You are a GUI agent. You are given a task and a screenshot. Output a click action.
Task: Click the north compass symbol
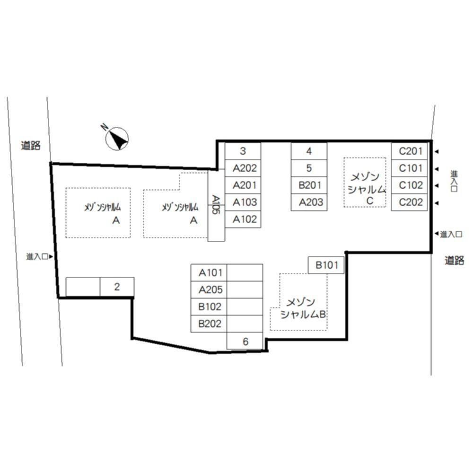tap(116, 138)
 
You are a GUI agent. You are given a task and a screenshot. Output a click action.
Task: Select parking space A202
tap(243, 168)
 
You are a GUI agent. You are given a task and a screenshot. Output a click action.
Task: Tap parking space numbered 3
tap(243, 151)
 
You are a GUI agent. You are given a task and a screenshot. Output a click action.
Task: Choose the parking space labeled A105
tap(216, 205)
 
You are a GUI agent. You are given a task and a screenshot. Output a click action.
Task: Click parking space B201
tap(309, 185)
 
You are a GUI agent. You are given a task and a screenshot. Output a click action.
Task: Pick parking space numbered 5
tap(309, 168)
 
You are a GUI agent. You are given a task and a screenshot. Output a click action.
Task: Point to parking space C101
tap(409, 168)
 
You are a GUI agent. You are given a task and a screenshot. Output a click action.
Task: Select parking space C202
tap(409, 202)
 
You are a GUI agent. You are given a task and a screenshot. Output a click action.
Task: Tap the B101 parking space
tap(326, 265)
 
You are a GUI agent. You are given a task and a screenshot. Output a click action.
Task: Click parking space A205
tap(209, 289)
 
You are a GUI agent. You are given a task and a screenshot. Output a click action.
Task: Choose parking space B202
tap(209, 324)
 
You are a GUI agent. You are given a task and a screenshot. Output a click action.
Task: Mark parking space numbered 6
tap(245, 341)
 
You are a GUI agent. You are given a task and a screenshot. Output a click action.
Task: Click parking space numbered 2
tap(117, 287)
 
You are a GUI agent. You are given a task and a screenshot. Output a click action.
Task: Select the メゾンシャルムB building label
tap(303, 308)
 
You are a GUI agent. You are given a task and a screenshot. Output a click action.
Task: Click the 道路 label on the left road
tap(31, 145)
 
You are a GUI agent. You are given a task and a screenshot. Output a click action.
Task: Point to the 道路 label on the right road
tap(454, 260)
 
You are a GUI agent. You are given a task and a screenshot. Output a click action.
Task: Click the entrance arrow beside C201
tap(436, 151)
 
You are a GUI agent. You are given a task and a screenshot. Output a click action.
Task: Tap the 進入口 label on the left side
tap(37, 257)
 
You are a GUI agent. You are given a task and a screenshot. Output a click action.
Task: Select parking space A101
tap(209, 273)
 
